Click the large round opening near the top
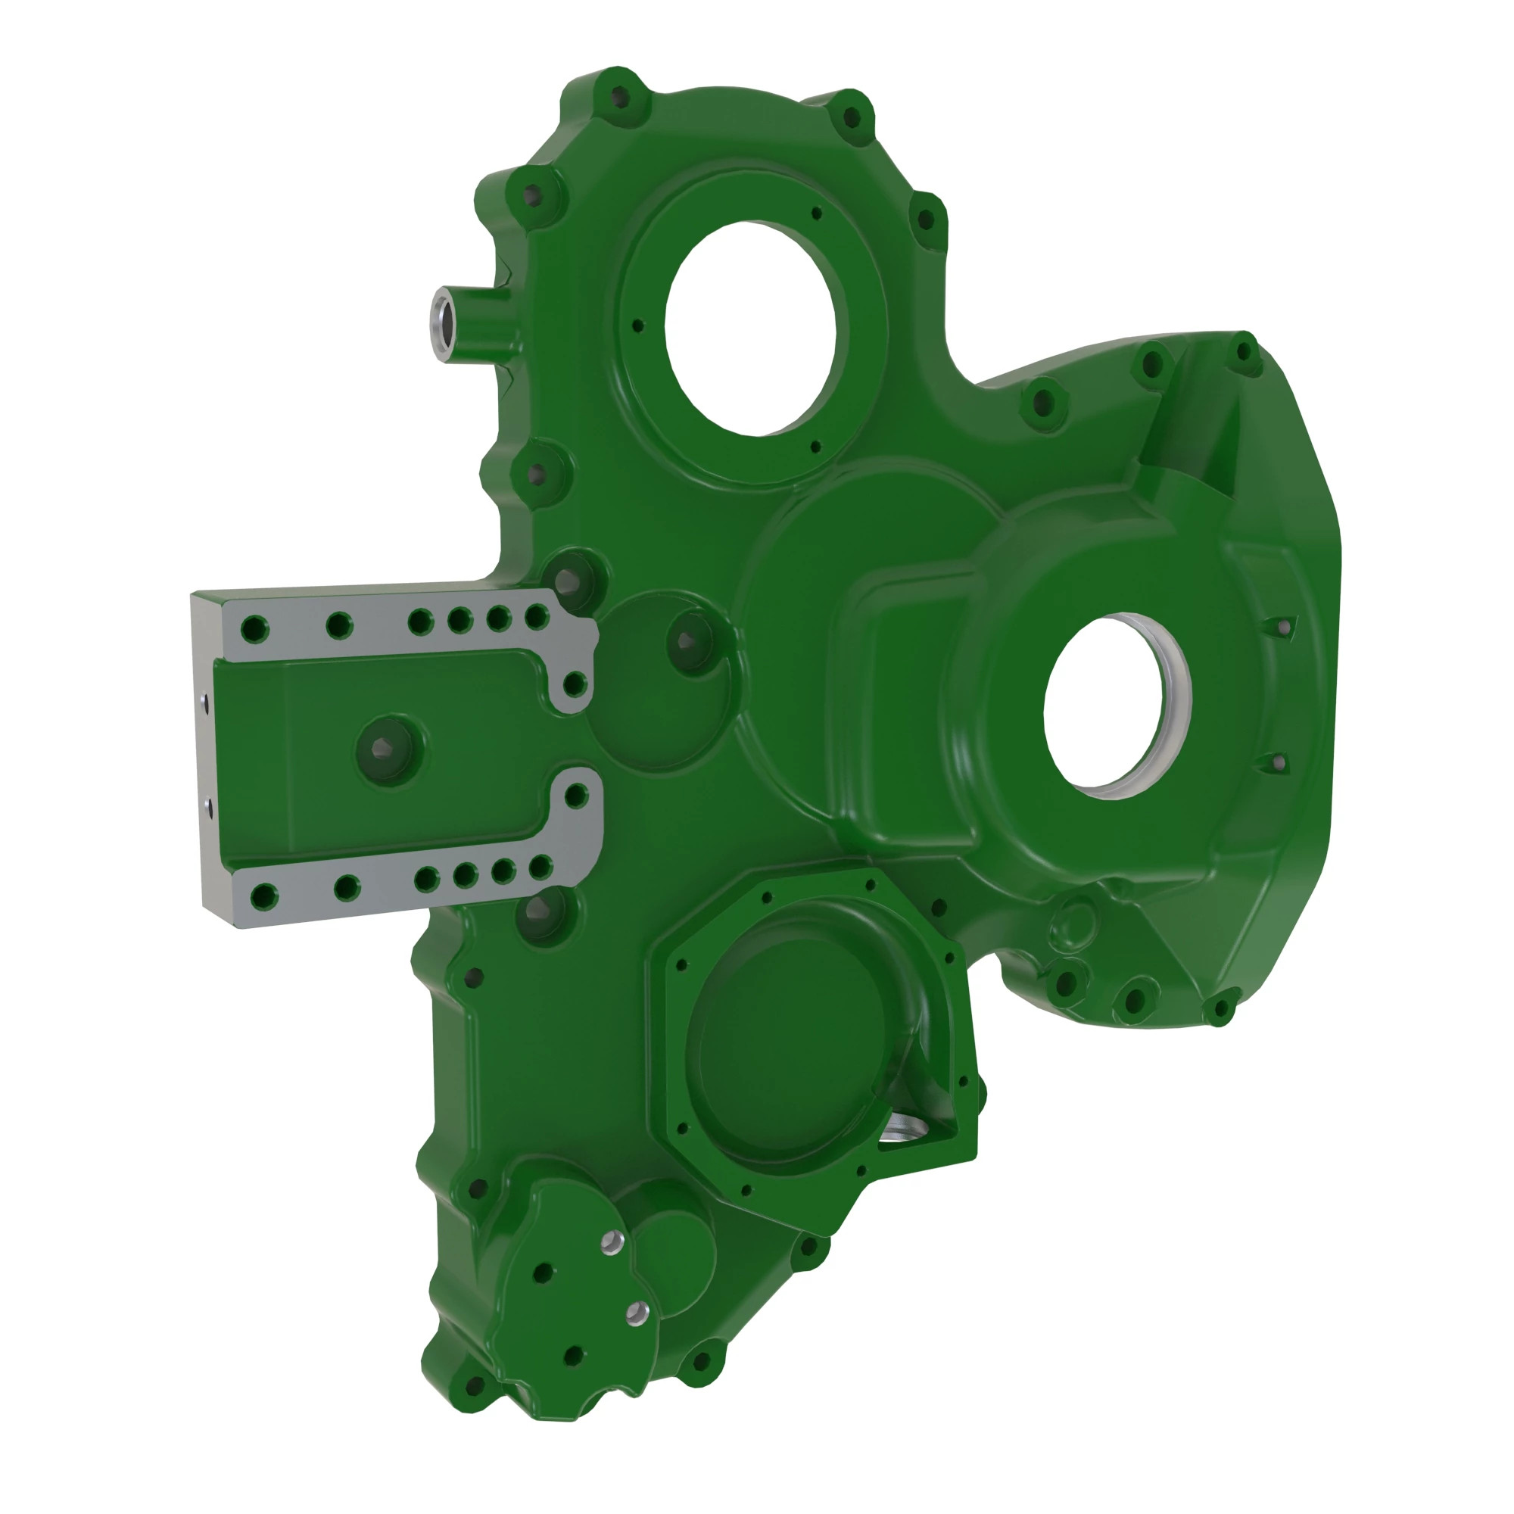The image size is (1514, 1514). coord(751,328)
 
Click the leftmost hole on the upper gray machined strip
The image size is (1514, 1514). coord(254,628)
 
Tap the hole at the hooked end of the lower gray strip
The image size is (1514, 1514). coord(576,796)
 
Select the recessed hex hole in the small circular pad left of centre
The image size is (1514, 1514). coord(688,641)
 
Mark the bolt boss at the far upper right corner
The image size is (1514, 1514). coord(1243,350)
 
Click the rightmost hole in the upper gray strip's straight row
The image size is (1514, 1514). coord(537,617)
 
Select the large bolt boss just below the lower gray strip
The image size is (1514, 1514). coord(540,910)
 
